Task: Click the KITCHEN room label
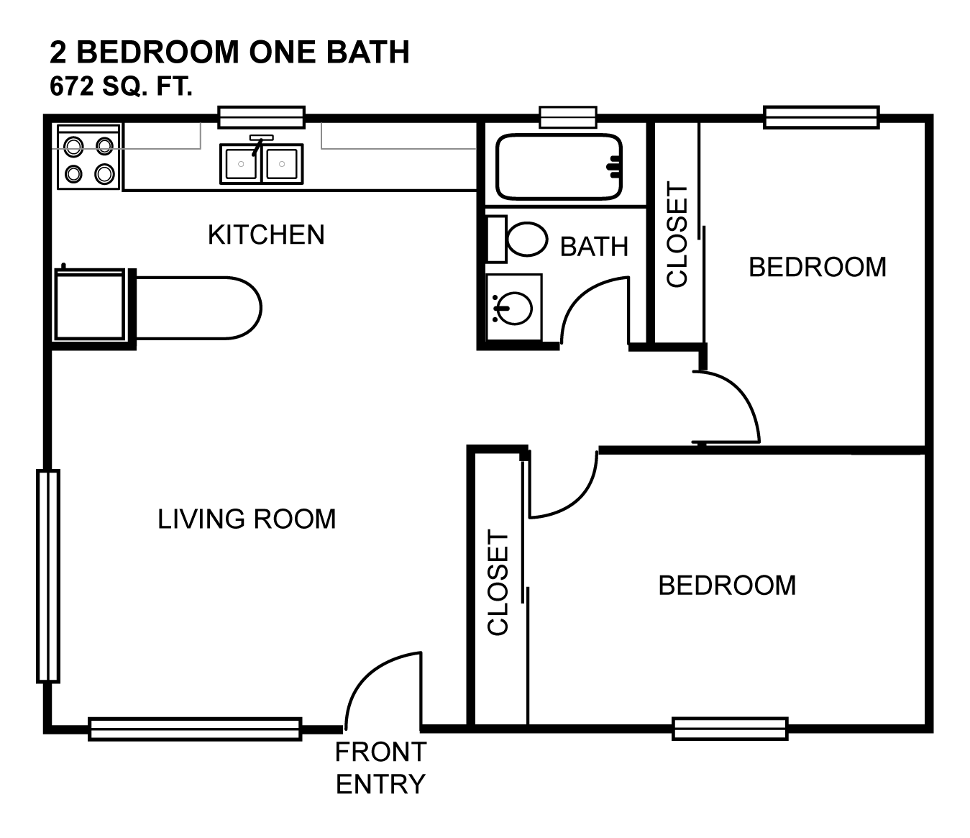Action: [x=266, y=234]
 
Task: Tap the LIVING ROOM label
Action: [x=247, y=519]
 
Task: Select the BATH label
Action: [x=594, y=247]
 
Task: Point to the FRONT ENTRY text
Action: [x=380, y=768]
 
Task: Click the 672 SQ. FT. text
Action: [x=121, y=86]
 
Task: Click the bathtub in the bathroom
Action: [x=559, y=167]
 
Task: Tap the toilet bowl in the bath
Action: [x=527, y=239]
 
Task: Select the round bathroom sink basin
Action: [x=514, y=309]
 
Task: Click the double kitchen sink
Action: [x=262, y=164]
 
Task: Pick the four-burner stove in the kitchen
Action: [x=88, y=157]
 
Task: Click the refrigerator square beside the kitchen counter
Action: [x=90, y=305]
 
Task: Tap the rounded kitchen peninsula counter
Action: [x=198, y=308]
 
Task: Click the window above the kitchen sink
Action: [x=262, y=117]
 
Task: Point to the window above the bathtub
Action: [x=568, y=117]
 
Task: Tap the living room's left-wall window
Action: [x=48, y=576]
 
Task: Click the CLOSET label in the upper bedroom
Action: [x=677, y=234]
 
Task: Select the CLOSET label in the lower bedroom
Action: [x=498, y=583]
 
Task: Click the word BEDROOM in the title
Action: [x=157, y=52]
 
